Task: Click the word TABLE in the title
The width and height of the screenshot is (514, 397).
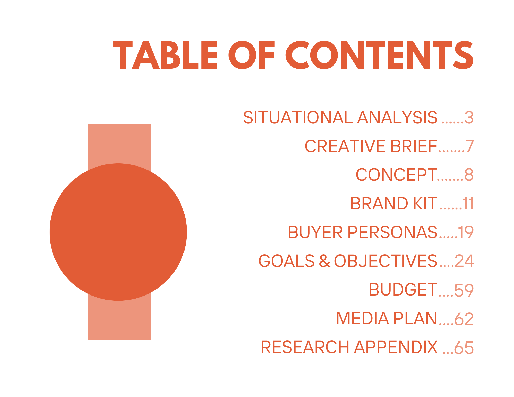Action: (166, 55)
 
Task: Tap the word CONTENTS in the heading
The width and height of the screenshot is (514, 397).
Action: (379, 55)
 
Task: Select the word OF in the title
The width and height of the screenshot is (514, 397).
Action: (252, 55)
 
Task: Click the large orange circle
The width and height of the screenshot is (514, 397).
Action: (118, 232)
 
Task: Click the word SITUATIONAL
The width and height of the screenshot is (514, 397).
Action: (298, 117)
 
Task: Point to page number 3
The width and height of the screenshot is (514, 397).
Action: (469, 117)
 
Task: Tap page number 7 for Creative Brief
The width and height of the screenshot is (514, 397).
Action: (470, 146)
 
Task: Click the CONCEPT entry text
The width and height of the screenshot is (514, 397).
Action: (396, 175)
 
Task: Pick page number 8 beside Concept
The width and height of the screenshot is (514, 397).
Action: (469, 175)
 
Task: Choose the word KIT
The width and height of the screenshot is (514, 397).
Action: (425, 204)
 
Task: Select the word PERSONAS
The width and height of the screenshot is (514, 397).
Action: (392, 232)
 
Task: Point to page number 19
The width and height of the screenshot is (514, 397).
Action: (466, 232)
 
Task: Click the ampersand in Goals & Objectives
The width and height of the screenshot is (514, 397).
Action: (325, 261)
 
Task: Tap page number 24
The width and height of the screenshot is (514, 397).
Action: (464, 261)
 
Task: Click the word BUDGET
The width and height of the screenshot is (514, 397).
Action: (403, 290)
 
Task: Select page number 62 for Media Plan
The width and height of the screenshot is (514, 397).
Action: (464, 319)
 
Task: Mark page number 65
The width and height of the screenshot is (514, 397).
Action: (464, 348)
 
